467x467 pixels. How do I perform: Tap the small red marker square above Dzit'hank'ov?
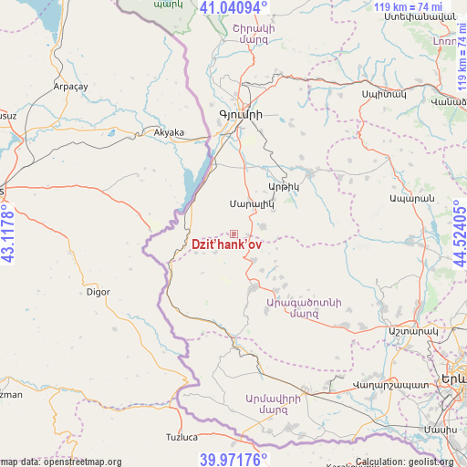pyautogui.click(x=233, y=234)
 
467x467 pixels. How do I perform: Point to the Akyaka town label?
pyautogui.click(x=169, y=132)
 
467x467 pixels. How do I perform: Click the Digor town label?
pyautogui.click(x=98, y=292)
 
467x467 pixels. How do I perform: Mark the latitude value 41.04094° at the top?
pyautogui.click(x=233, y=8)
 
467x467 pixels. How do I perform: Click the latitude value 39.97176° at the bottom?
pyautogui.click(x=233, y=459)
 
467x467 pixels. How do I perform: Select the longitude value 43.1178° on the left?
pyautogui.click(x=8, y=233)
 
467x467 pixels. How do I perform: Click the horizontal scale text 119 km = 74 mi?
pyautogui.click(x=408, y=7)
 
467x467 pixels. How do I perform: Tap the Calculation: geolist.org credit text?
pyautogui.click(x=410, y=462)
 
